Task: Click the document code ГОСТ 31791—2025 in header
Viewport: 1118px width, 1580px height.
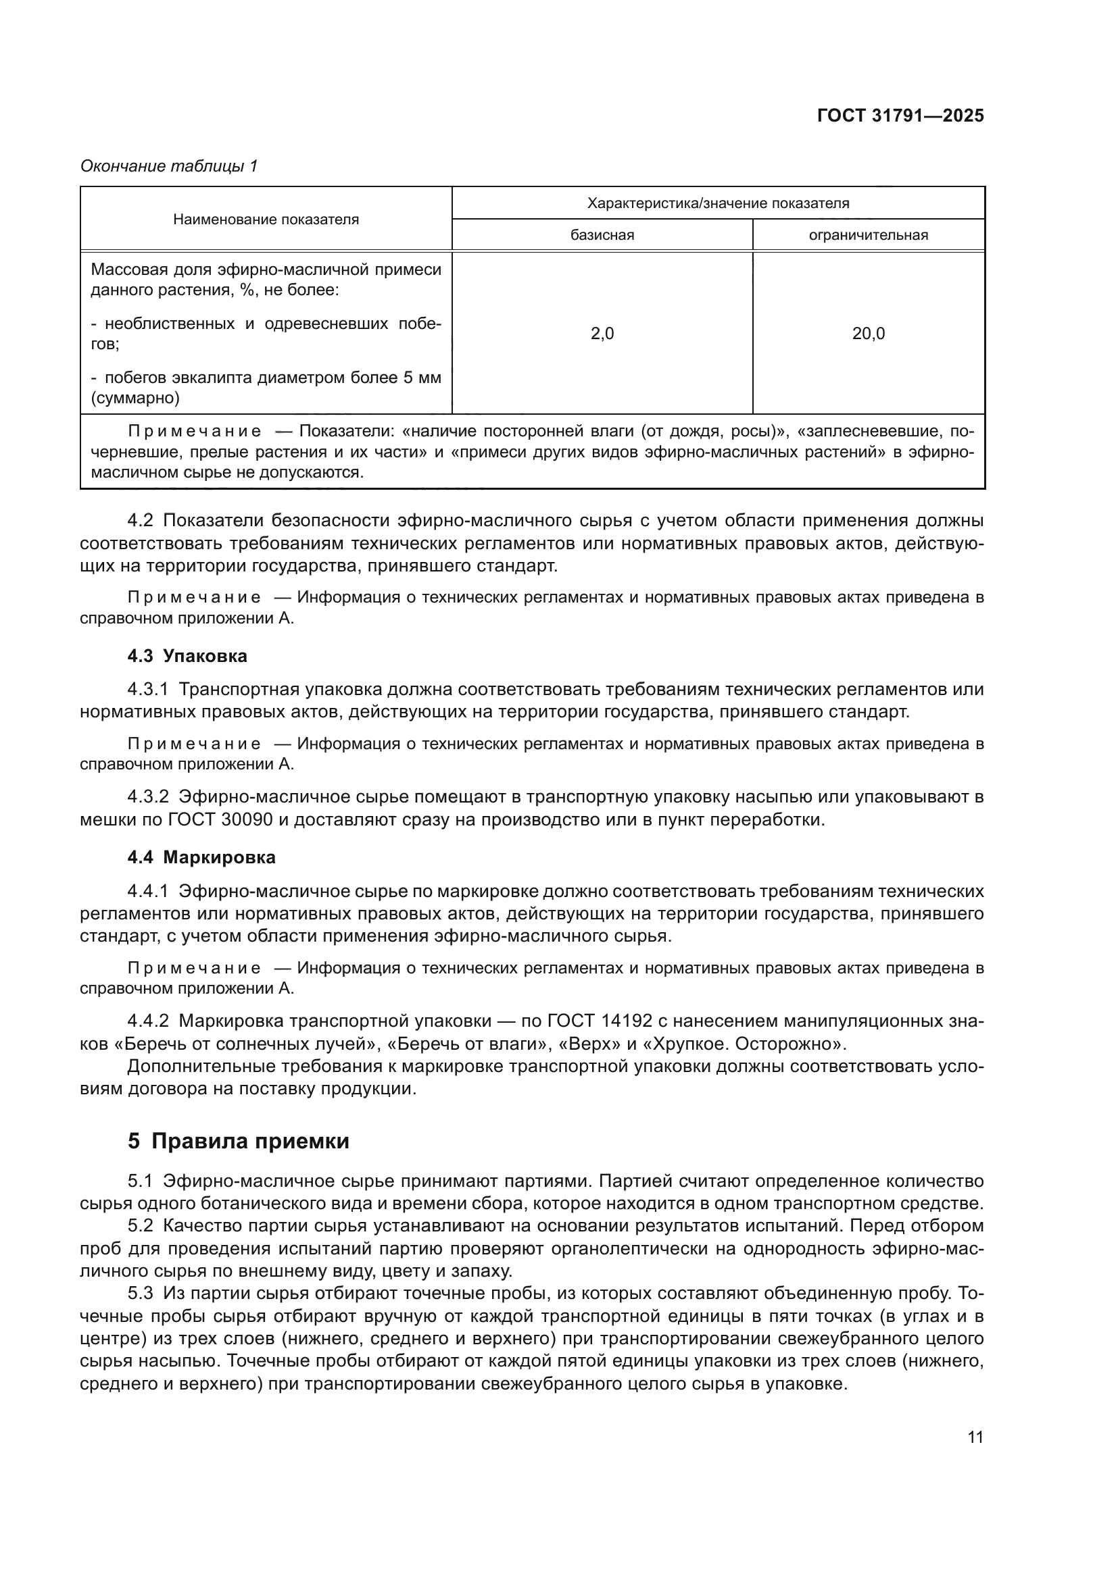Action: tap(900, 116)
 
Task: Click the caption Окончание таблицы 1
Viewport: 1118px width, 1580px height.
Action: tap(169, 166)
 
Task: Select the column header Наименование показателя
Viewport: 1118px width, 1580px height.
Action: tap(266, 220)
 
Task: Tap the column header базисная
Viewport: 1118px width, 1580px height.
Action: tap(602, 235)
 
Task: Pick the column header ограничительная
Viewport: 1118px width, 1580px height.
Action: tap(868, 235)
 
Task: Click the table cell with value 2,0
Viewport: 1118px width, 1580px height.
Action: tap(602, 334)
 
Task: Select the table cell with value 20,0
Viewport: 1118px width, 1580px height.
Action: tap(868, 334)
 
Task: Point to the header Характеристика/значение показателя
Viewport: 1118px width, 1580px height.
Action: tap(717, 203)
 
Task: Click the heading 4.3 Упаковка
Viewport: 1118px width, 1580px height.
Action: tap(187, 656)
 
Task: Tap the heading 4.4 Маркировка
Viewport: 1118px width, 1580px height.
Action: tap(201, 857)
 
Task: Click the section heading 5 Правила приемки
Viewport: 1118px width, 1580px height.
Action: tap(238, 1141)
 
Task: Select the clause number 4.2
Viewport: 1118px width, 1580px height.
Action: tap(141, 520)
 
